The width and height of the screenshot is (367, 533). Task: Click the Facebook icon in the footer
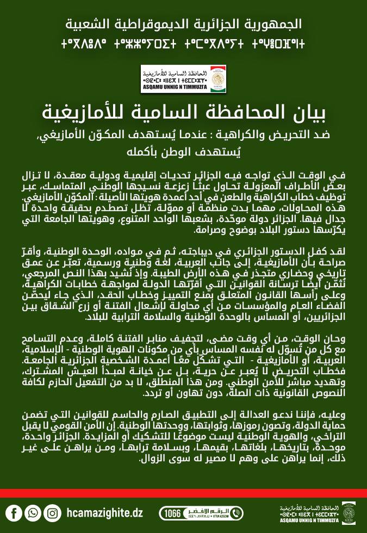click(15, 512)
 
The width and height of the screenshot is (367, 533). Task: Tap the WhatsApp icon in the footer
click(33, 512)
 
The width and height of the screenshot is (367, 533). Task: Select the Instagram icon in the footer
click(52, 512)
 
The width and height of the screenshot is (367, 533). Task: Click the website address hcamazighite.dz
click(103, 512)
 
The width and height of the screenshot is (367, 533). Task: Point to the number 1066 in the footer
click(172, 513)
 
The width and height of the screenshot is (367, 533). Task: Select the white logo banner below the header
click(183, 79)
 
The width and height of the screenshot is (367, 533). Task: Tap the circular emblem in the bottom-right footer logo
click(348, 513)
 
